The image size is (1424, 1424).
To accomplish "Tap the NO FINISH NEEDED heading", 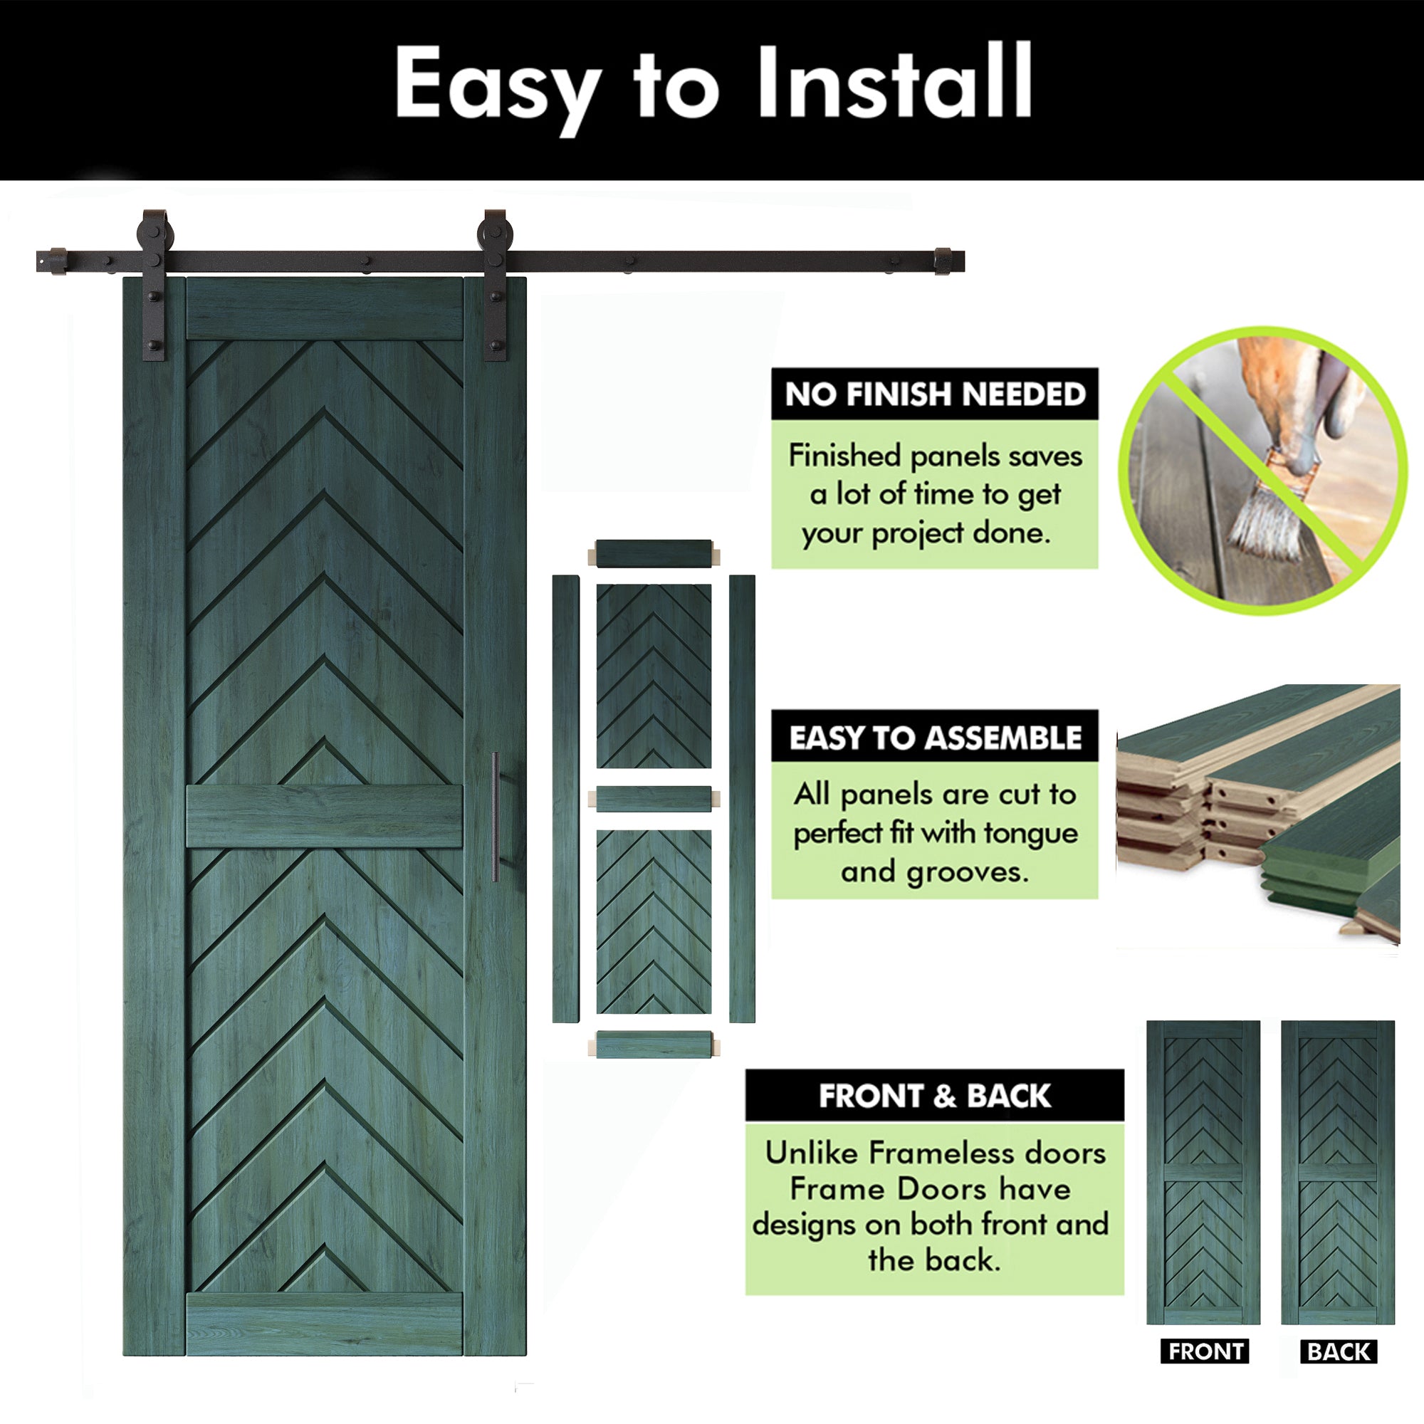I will click(x=935, y=394).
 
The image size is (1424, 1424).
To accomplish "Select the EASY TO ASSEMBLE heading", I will click(x=935, y=737).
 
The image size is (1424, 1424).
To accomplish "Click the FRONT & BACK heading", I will click(x=935, y=1096).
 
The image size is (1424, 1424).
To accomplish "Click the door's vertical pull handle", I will click(x=496, y=817).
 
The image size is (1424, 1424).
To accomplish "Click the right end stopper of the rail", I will click(x=943, y=261).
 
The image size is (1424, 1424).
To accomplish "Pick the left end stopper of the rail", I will click(x=58, y=261).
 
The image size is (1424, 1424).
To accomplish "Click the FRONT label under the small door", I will click(x=1205, y=1352).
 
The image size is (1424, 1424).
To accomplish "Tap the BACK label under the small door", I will click(x=1339, y=1352).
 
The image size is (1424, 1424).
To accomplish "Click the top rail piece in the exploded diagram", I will click(x=653, y=553).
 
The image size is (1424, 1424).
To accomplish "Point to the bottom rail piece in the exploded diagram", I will click(x=653, y=1045).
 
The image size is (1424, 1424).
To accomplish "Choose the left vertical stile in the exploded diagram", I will click(x=565, y=799).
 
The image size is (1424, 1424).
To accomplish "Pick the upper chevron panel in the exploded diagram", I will click(x=654, y=676).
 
